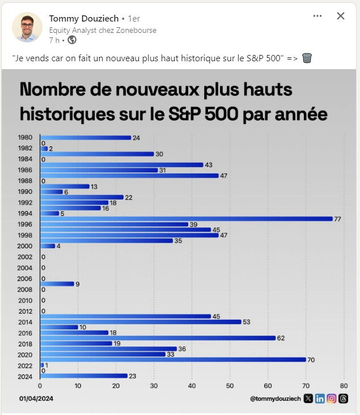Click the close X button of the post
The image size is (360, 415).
click(x=341, y=16)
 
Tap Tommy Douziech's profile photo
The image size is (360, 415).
click(x=27, y=27)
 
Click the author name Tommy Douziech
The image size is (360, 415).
click(x=83, y=18)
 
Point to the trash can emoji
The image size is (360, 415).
click(x=307, y=58)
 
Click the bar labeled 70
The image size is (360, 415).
click(x=173, y=359)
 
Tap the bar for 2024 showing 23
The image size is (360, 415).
click(x=83, y=376)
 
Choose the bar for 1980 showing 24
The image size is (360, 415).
click(x=85, y=138)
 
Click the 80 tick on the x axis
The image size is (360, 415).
click(x=344, y=386)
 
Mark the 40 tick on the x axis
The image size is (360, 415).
click(x=192, y=386)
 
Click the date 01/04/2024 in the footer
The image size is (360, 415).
click(x=36, y=399)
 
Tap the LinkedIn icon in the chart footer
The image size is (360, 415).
click(x=320, y=399)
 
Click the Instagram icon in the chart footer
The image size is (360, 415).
click(x=332, y=399)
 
